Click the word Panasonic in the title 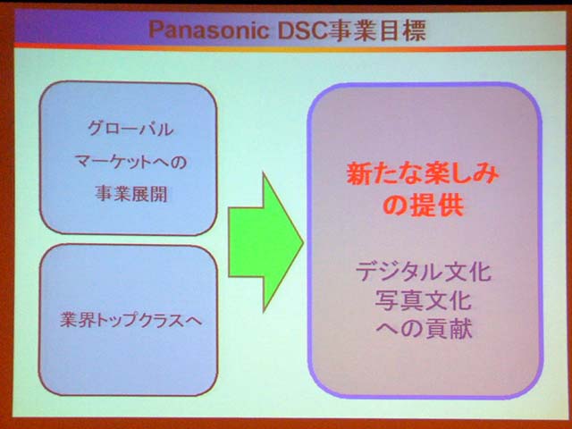point(209,29)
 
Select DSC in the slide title point(301,29)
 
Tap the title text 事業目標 point(375,29)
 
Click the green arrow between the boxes point(265,242)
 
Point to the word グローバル point(130,129)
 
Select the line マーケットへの point(130,161)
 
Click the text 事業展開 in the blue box point(131,194)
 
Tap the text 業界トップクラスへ point(130,321)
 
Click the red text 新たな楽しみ point(423,174)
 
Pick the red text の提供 point(423,206)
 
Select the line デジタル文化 point(423,272)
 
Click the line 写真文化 point(423,300)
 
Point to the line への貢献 point(424,328)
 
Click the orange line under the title point(290,47)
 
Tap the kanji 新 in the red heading point(358,174)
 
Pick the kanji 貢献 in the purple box point(448,328)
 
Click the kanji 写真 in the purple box point(399,300)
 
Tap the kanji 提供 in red point(436,206)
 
